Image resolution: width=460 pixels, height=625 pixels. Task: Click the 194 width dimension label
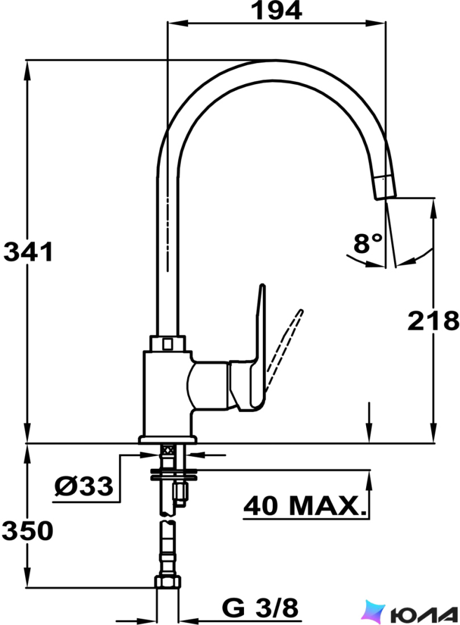(x=276, y=11)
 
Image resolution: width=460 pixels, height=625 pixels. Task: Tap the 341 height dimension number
(x=28, y=252)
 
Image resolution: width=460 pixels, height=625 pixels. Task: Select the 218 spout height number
(x=433, y=321)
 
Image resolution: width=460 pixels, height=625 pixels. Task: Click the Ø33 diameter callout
(x=84, y=486)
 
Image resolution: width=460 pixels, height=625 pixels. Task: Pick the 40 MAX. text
(x=305, y=506)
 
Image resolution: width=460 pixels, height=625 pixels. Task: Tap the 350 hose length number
(x=27, y=531)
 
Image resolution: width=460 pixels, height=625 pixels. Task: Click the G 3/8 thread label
(x=260, y=608)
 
